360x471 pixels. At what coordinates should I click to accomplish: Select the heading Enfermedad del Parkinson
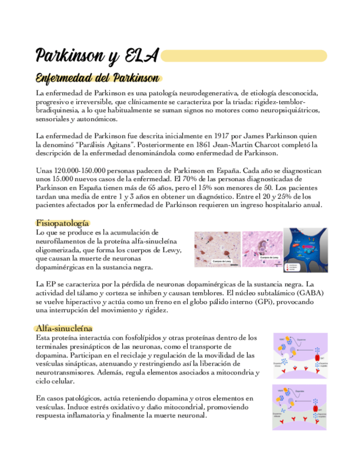click(97, 78)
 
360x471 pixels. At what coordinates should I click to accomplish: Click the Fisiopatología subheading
click(62, 223)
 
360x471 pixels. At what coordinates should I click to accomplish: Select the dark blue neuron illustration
click(305, 249)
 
